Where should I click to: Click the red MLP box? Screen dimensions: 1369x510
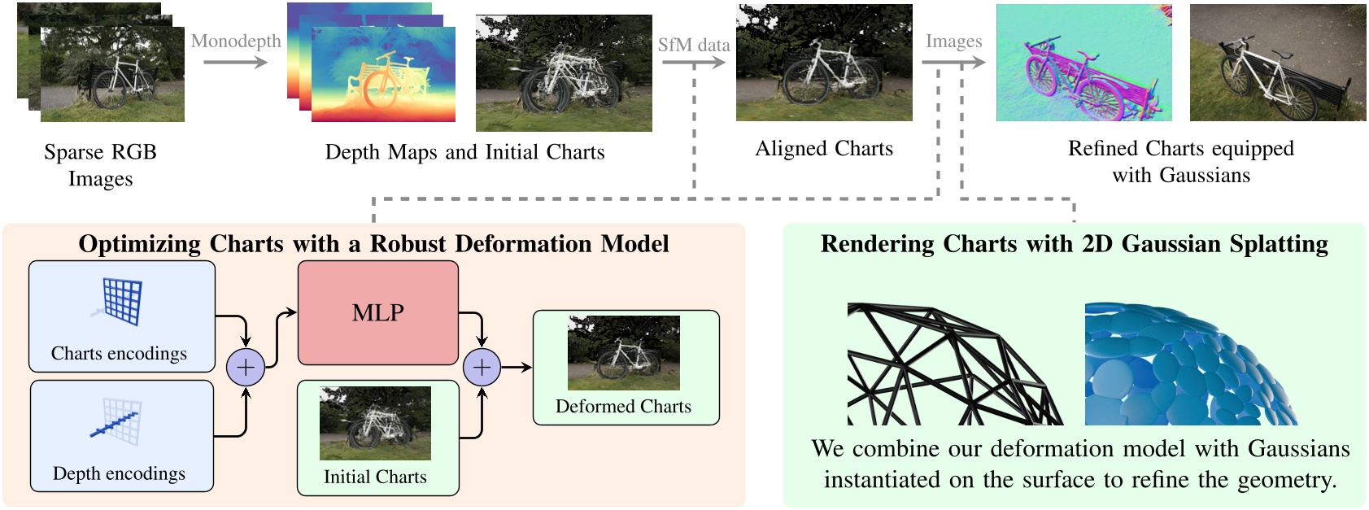click(x=377, y=312)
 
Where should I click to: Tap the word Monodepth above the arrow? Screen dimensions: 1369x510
click(x=236, y=41)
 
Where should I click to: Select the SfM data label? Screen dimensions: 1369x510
click(x=694, y=45)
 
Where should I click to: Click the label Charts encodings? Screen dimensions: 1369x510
click(x=120, y=353)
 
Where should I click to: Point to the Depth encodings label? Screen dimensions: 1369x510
click(x=120, y=473)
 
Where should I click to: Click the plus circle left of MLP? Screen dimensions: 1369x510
click(x=246, y=368)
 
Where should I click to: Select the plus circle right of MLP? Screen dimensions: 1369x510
click(x=482, y=368)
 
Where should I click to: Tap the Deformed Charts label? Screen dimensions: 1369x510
click(x=623, y=406)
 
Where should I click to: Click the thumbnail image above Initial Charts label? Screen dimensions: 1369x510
click(x=375, y=423)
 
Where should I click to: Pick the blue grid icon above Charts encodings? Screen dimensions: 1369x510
click(x=120, y=301)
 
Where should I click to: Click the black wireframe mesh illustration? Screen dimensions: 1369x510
click(x=955, y=364)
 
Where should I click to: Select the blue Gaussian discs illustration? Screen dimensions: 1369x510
click(x=1191, y=364)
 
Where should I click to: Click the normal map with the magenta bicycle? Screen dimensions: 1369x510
click(x=1084, y=63)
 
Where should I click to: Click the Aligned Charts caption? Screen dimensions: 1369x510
click(x=824, y=148)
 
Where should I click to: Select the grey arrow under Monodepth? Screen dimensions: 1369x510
click(x=236, y=63)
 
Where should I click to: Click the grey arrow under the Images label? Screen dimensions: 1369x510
click(x=953, y=62)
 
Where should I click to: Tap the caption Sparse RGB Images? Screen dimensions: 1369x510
click(x=100, y=165)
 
